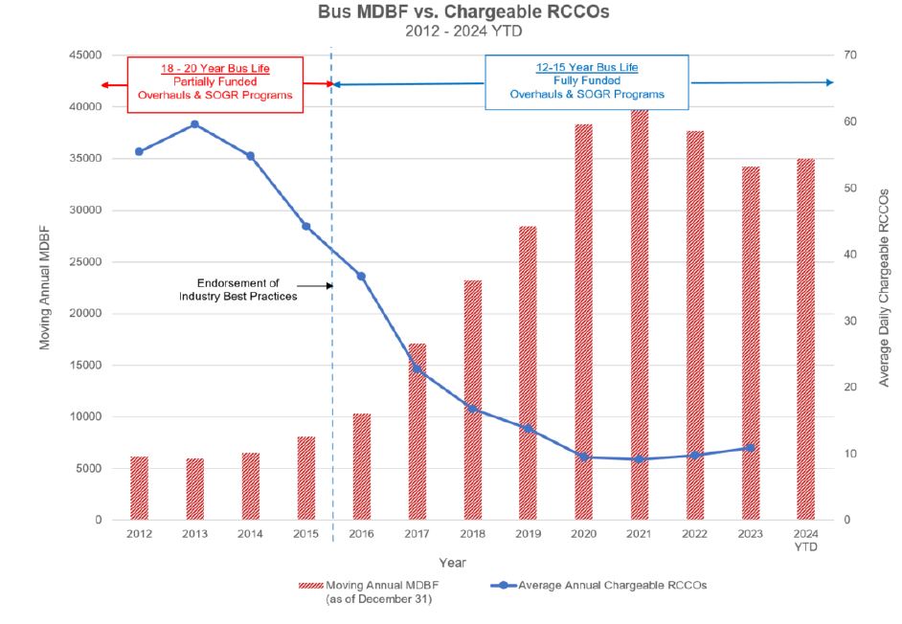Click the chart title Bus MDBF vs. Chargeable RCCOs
coord(450,14)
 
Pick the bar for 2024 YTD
coord(805,339)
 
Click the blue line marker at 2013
coord(194,124)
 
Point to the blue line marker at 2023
coord(750,448)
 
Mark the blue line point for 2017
coord(417,368)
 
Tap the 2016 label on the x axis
coord(361,533)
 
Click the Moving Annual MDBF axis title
coord(45,288)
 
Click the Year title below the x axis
coord(453,563)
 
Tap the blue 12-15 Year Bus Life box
coord(586,81)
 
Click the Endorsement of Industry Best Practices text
coord(237,290)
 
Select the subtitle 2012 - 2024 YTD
coord(450,32)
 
